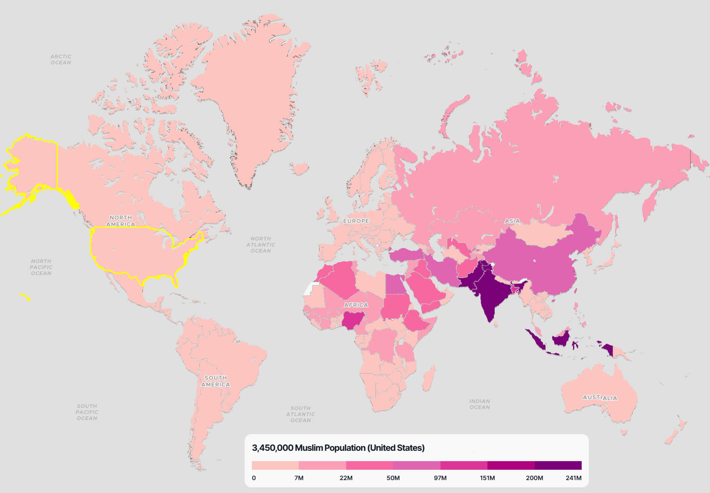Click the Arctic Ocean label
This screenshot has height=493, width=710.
pos(61,59)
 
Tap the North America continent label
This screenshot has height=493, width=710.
pos(121,221)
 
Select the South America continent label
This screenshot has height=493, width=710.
pos(215,381)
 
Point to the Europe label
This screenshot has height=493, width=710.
pos(356,221)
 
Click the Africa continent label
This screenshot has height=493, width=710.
pos(356,305)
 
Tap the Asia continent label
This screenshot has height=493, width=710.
pos(512,221)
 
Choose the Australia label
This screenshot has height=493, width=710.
pos(600,397)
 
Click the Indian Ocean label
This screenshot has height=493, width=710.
pos(480,404)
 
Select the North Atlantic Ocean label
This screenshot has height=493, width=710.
pos(260,245)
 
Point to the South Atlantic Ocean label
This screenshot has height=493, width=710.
pos(301,414)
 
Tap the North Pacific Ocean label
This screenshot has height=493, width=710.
pos(41,267)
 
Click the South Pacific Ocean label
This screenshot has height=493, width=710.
pos(87,412)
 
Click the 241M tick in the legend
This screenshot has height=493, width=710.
pos(573,478)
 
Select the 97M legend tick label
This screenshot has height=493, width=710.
pos(440,478)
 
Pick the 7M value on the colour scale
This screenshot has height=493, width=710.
pos(299,478)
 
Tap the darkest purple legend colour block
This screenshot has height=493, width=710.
pos(558,465)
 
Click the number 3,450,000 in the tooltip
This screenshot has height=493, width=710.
pos(272,448)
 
